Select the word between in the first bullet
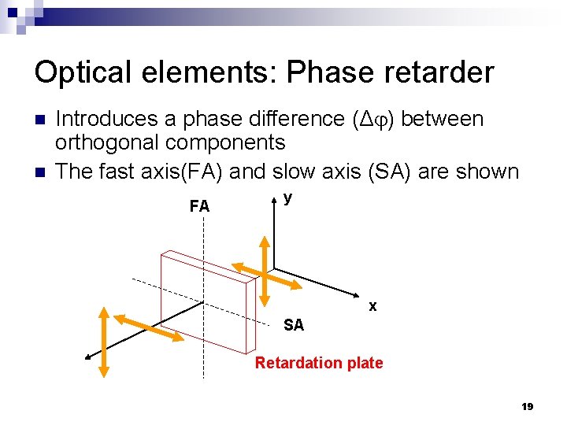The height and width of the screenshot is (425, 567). pos(443,119)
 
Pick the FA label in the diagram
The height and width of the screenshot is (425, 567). pos(199,207)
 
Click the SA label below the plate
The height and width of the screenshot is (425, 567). pos(293,325)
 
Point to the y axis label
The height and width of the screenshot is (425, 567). pos(288,198)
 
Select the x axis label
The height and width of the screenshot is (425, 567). pos(372,305)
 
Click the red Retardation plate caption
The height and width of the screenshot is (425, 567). pos(319,363)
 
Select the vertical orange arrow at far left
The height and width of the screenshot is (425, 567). pos(103,343)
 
